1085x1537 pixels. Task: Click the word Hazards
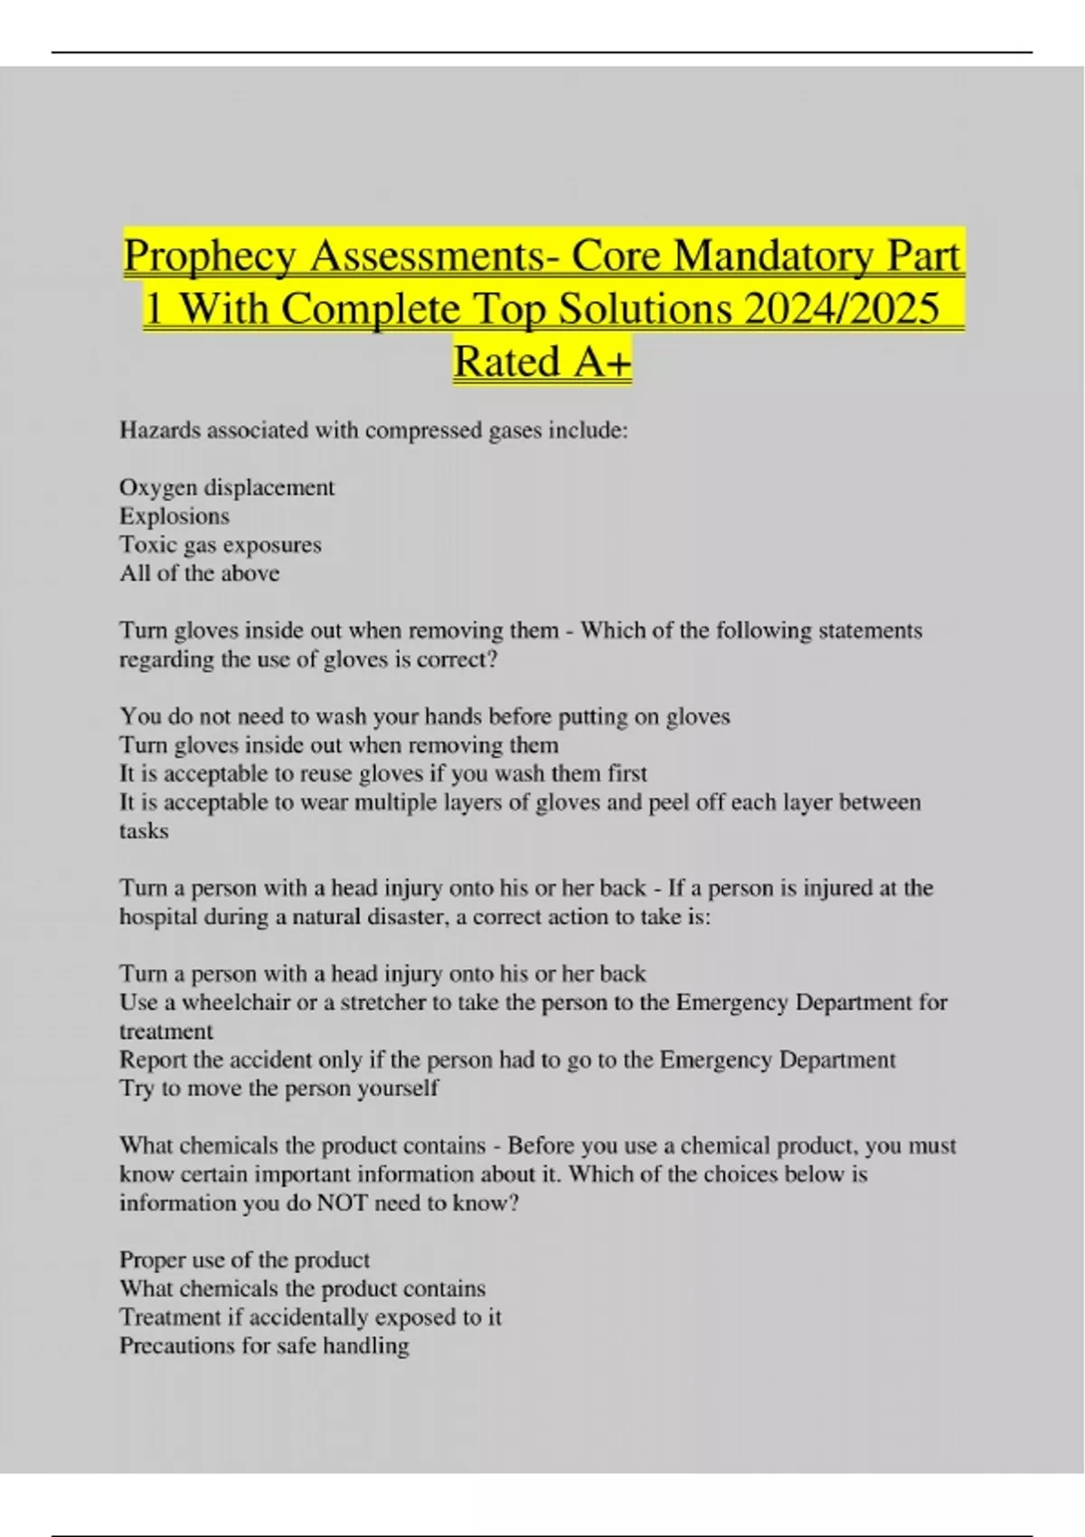pyautogui.click(x=159, y=430)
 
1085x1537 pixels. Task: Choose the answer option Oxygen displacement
pyautogui.click(x=227, y=487)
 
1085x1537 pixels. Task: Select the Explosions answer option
pyautogui.click(x=175, y=516)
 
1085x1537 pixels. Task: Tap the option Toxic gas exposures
pyautogui.click(x=221, y=545)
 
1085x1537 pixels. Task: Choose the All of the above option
pyautogui.click(x=200, y=573)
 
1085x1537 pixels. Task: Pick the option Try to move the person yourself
pyautogui.click(x=278, y=1089)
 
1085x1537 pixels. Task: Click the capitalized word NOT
pyautogui.click(x=342, y=1203)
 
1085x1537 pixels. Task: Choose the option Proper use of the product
pyautogui.click(x=245, y=1260)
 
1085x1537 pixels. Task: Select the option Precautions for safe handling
pyautogui.click(x=264, y=1346)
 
